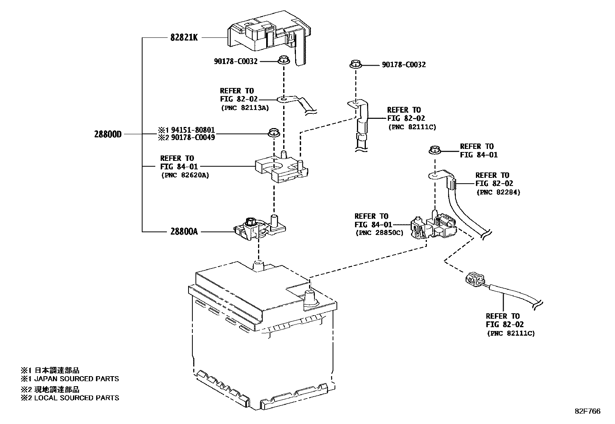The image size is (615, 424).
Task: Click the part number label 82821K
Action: [x=184, y=38]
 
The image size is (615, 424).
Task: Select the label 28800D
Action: [x=108, y=134]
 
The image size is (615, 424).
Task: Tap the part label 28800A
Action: [x=184, y=231]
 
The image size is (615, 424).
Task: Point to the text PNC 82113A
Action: [x=245, y=108]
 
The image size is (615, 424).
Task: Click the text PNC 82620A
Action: [x=185, y=175]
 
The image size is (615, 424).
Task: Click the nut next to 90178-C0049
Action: [x=274, y=133]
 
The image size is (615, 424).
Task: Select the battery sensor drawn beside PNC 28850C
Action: [x=433, y=228]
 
